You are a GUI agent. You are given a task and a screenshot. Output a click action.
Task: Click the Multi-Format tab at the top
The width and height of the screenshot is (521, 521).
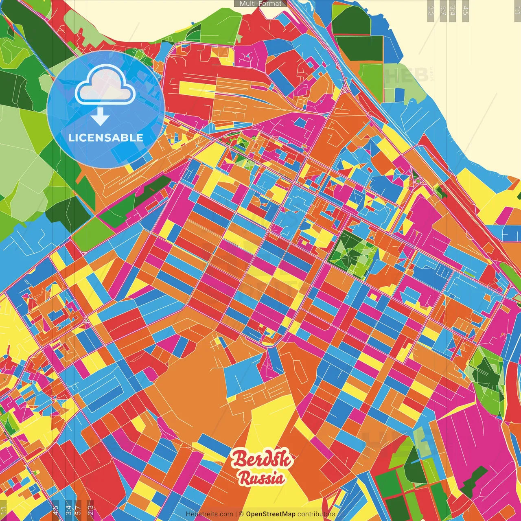[x=260, y=4]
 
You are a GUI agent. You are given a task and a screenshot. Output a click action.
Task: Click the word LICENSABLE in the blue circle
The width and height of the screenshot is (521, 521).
[x=106, y=138]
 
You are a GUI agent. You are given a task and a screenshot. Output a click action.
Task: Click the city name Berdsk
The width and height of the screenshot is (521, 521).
[x=262, y=460]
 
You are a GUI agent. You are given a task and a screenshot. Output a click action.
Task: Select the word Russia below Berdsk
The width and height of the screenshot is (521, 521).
[x=261, y=478]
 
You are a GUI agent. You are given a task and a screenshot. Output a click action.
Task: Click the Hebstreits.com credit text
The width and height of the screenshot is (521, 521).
[x=209, y=514]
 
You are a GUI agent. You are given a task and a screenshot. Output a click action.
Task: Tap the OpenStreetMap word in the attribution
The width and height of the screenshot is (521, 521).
[x=270, y=514]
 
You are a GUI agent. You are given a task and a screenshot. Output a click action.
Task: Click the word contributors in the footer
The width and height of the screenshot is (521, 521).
[x=316, y=514]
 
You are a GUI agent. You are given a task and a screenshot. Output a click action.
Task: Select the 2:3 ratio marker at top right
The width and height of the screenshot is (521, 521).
[x=431, y=10]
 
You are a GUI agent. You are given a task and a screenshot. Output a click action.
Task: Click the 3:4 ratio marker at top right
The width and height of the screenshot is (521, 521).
[x=453, y=10]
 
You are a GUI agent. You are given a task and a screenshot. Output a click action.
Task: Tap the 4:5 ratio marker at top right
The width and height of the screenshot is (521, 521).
[x=466, y=10]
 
